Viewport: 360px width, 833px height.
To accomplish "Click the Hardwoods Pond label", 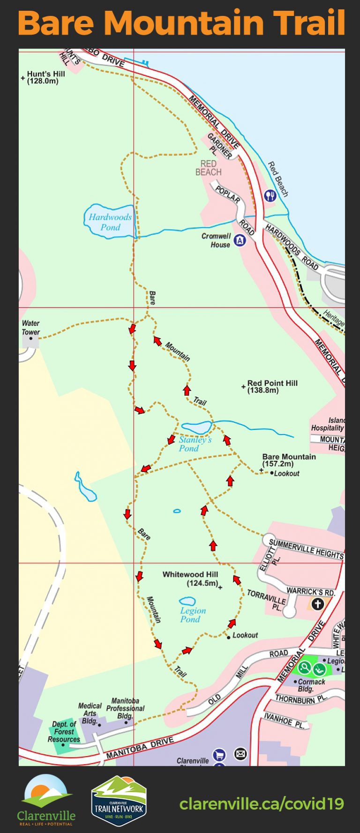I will [x=110, y=222].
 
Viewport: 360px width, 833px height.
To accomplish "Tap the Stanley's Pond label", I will [x=195, y=444].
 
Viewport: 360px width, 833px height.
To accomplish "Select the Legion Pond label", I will [x=193, y=615].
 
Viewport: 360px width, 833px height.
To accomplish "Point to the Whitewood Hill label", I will [x=190, y=578].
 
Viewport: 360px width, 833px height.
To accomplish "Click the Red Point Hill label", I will [x=272, y=386].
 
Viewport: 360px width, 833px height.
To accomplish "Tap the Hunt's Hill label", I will [x=45, y=77].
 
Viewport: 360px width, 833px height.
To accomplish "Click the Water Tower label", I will [x=30, y=327].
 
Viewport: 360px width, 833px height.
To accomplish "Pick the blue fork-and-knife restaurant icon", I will [x=270, y=195].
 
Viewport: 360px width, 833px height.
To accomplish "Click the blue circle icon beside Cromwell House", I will [x=240, y=240].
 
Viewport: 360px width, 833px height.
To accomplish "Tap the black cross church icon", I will [x=318, y=604].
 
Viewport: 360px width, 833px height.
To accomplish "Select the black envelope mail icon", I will [x=240, y=754].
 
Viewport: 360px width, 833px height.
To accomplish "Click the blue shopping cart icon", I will [x=219, y=755].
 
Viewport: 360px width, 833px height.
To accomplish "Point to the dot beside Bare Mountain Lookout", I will [x=272, y=473].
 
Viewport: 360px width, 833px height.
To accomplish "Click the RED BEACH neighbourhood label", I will [x=208, y=168].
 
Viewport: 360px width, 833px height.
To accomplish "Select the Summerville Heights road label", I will [x=306, y=549].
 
